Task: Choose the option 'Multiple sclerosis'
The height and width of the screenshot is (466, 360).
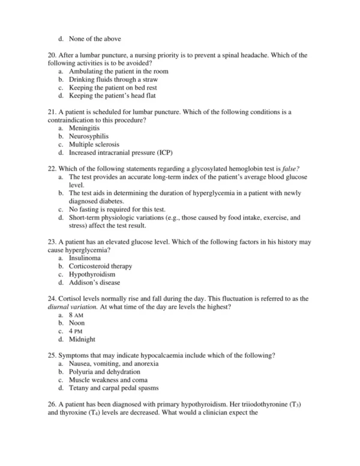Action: click(x=94, y=145)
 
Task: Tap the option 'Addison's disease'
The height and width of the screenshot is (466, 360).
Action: click(x=95, y=283)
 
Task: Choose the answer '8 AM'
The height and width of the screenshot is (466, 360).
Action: click(x=76, y=315)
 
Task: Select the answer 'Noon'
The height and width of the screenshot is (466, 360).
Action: click(x=77, y=323)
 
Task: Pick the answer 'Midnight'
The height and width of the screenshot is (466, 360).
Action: click(x=82, y=339)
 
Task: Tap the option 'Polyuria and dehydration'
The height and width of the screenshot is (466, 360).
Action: click(x=104, y=372)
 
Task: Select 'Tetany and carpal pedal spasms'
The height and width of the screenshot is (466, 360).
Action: click(x=114, y=389)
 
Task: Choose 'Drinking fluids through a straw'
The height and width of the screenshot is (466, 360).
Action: click(x=113, y=79)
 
